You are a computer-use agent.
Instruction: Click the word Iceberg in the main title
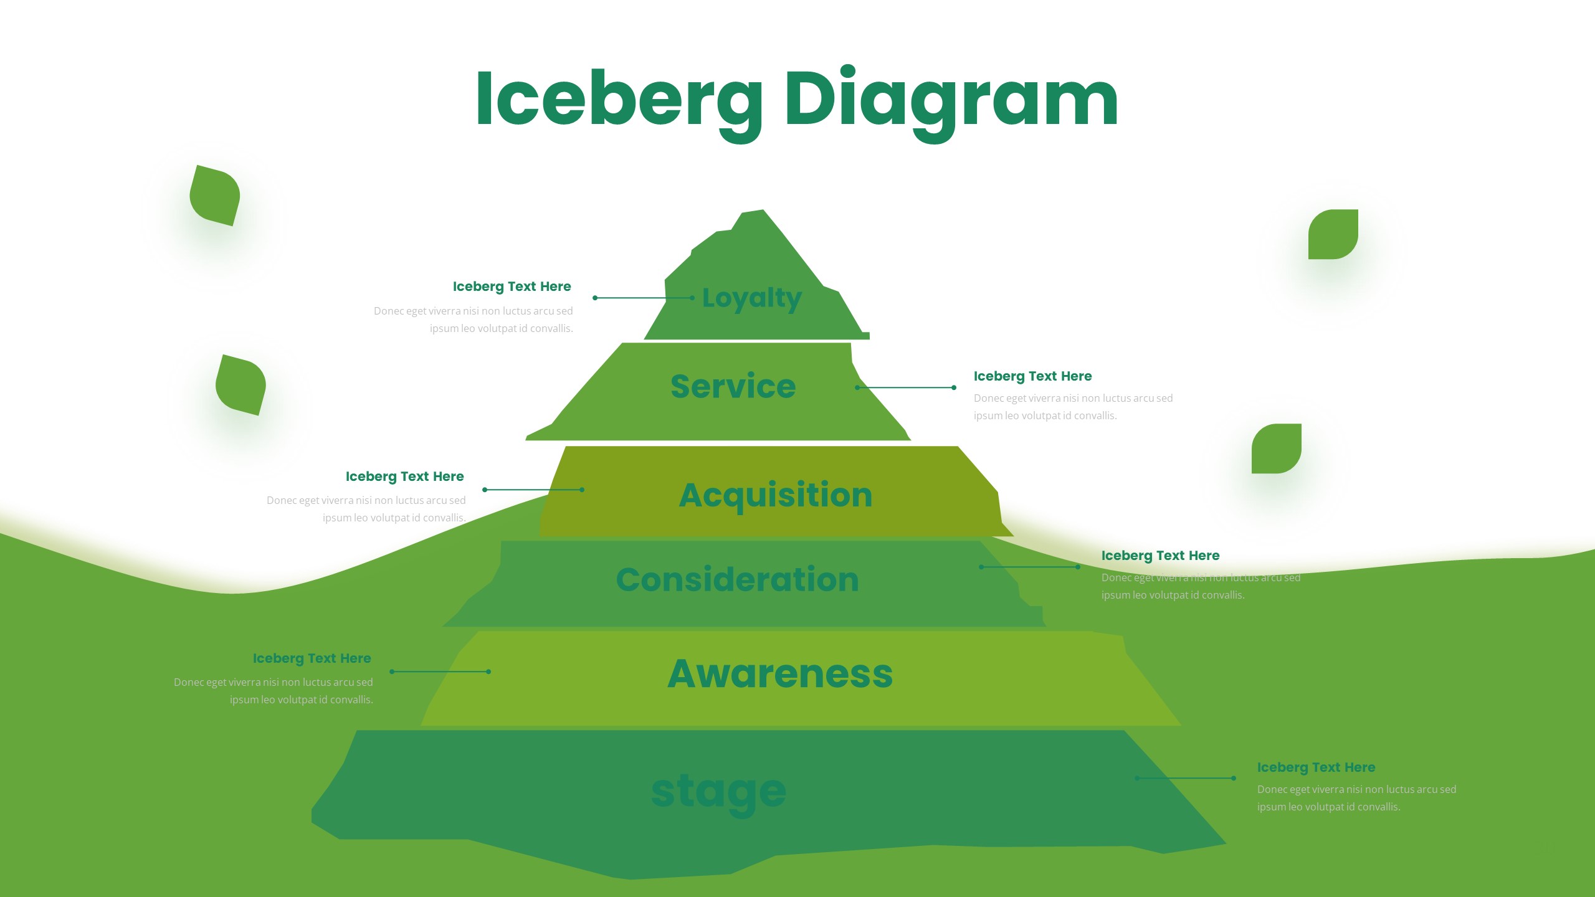[619, 100]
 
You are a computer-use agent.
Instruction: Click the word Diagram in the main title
[951, 100]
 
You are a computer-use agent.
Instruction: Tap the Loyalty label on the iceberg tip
[751, 298]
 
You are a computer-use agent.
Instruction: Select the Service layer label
[733, 386]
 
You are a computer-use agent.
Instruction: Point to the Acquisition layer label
[775, 495]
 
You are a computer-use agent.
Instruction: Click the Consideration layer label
[737, 580]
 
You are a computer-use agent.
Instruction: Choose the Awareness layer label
[780, 674]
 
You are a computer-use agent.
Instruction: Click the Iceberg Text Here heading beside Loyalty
[512, 287]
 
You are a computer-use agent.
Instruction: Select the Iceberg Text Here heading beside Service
[1032, 376]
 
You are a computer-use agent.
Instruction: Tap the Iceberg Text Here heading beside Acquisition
[404, 477]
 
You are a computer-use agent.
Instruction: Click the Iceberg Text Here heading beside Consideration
[1160, 556]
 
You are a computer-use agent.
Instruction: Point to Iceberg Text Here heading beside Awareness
[312, 658]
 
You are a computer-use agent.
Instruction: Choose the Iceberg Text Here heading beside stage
[1316, 767]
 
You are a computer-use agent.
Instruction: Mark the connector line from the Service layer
[905, 387]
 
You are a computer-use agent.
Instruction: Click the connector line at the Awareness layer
[440, 672]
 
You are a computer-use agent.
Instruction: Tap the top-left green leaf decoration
[215, 196]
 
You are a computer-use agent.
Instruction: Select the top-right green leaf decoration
[1333, 234]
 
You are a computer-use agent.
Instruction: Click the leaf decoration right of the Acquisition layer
[1276, 448]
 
